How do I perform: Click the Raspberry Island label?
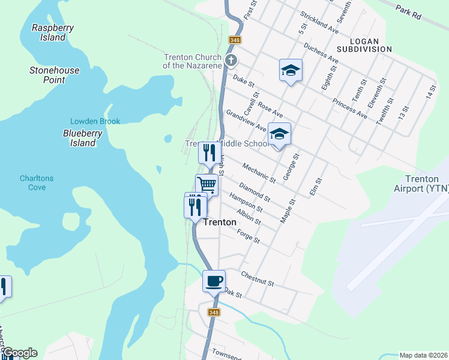49,32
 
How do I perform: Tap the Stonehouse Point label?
55,75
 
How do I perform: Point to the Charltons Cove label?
37,182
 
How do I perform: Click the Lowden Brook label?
95,121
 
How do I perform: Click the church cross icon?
231,61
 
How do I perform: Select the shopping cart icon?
206,184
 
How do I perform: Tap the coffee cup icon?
214,280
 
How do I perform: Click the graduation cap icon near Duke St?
291,71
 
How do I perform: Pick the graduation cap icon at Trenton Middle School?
279,134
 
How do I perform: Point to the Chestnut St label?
257,279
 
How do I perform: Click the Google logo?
19,353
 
